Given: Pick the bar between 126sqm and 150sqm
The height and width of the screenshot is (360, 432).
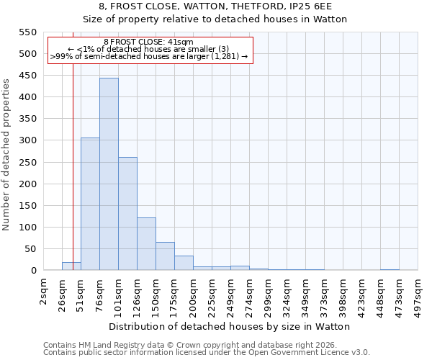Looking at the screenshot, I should click(146, 244).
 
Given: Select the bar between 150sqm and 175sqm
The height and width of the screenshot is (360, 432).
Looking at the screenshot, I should click(165, 256).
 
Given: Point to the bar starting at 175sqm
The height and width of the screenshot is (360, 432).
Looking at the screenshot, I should click(184, 263).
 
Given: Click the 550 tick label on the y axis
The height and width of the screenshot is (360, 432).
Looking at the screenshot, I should click(27, 32).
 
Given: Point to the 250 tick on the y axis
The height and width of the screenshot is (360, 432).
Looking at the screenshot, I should click(27, 163).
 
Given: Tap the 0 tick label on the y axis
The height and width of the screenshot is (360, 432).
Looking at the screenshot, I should click(33, 271).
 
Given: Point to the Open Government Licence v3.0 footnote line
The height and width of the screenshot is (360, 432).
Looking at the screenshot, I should click(207, 353).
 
